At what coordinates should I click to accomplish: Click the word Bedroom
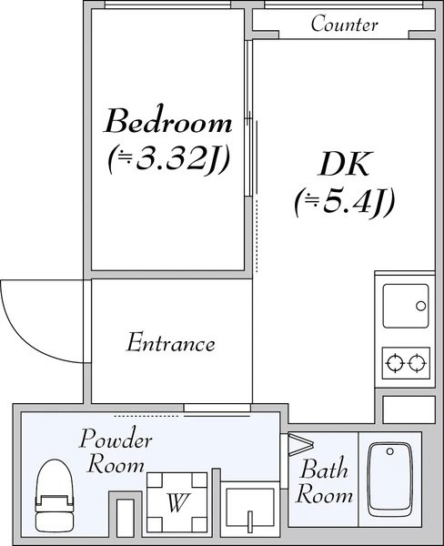tap(168, 120)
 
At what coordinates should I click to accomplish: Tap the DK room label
tap(343, 164)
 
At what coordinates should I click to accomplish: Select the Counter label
tap(344, 24)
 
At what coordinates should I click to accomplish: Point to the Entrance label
tap(170, 343)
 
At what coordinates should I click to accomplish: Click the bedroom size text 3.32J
tap(168, 159)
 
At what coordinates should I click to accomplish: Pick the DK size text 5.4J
tap(345, 203)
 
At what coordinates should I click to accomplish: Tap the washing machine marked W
tap(177, 501)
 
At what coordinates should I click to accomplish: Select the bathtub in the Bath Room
tap(390, 480)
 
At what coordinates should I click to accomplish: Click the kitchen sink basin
tap(406, 306)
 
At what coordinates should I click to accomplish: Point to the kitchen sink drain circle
tap(420, 306)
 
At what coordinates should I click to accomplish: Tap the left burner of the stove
tap(395, 363)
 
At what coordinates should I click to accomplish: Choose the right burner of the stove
tap(417, 363)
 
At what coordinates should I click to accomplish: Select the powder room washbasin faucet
tap(249, 521)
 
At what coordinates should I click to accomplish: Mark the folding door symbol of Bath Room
tap(301, 444)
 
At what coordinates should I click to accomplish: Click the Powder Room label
tap(116, 451)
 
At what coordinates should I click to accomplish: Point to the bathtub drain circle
tap(390, 451)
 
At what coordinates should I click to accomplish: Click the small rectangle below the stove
tap(409, 409)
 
